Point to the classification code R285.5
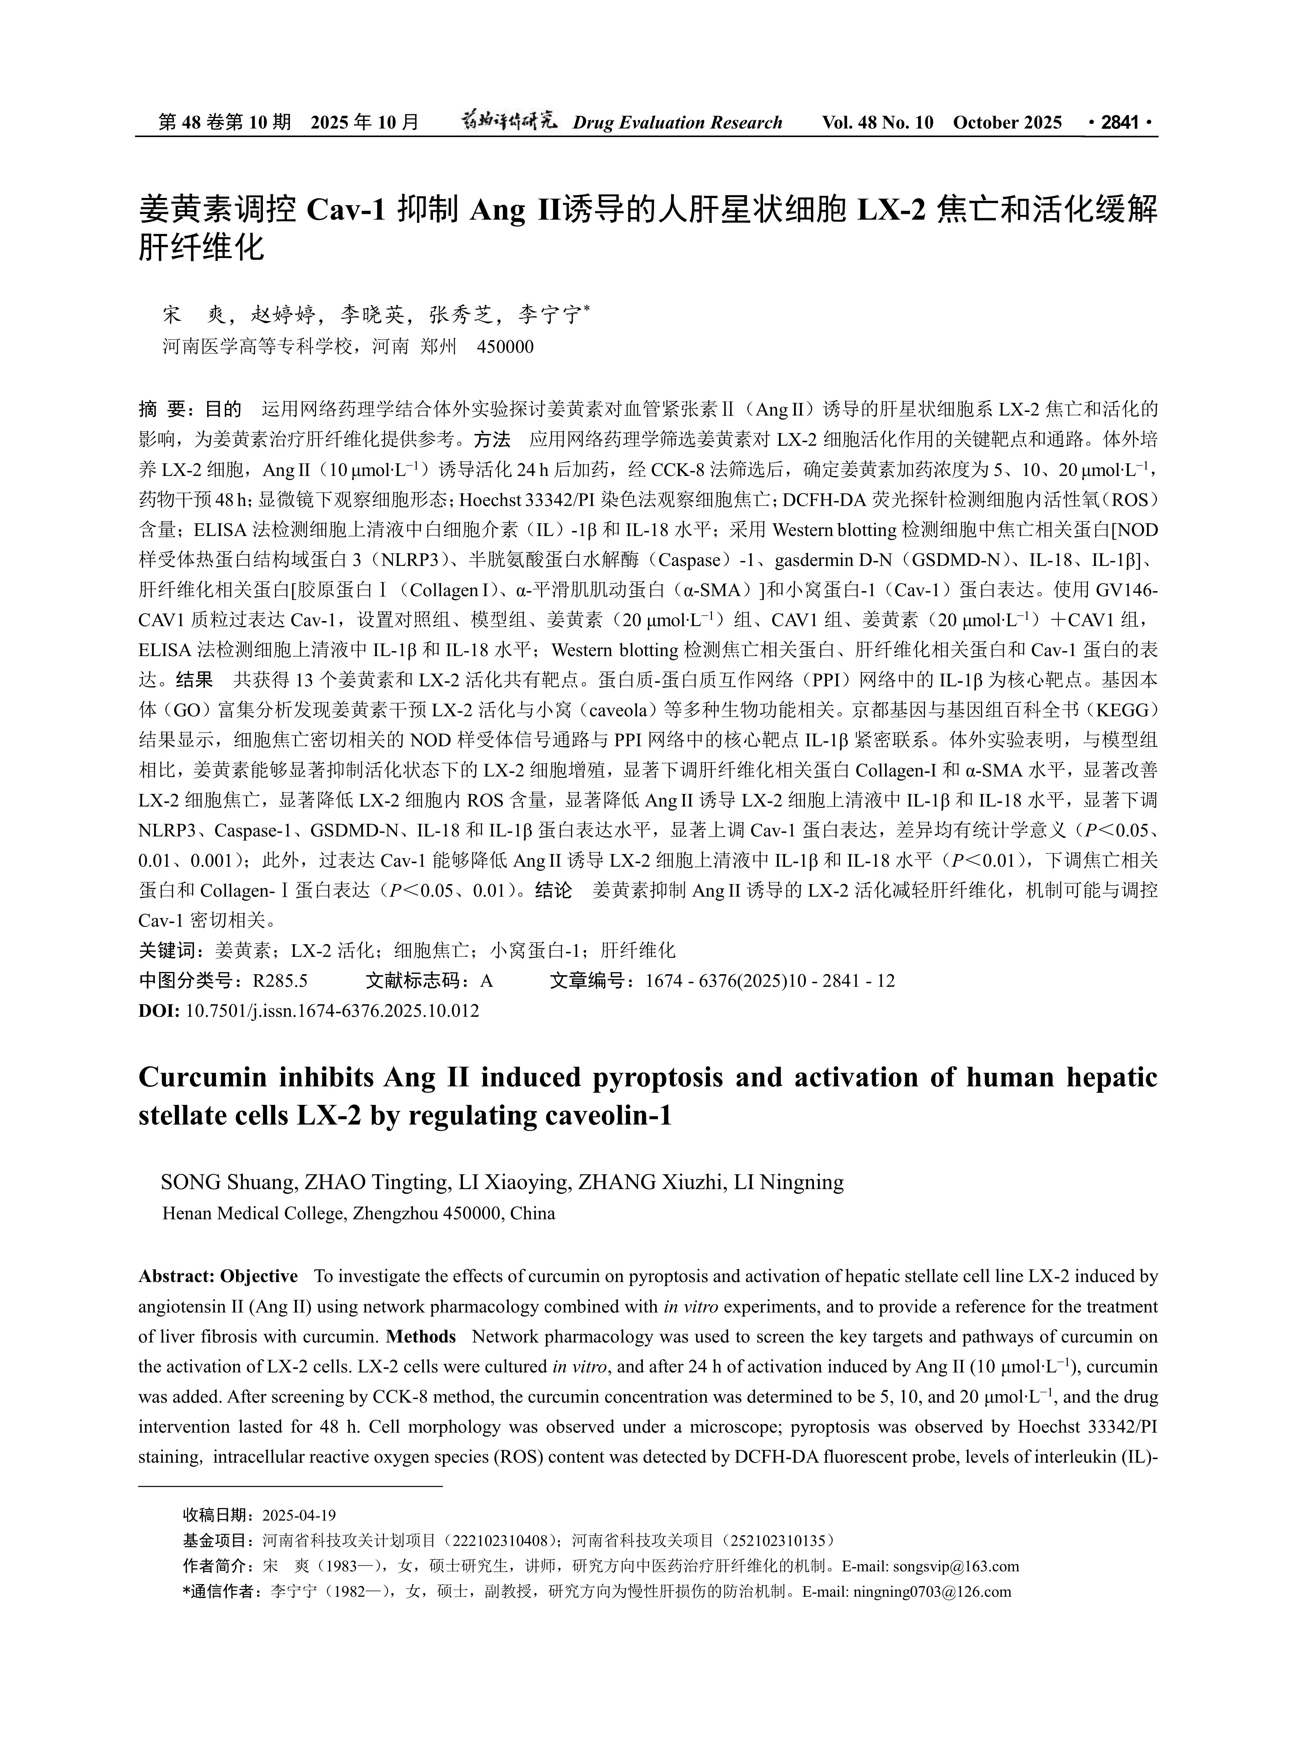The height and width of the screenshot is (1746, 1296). click(x=280, y=981)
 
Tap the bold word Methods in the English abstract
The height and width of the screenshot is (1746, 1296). click(x=421, y=1336)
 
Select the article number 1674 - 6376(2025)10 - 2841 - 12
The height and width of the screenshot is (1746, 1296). click(x=769, y=981)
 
